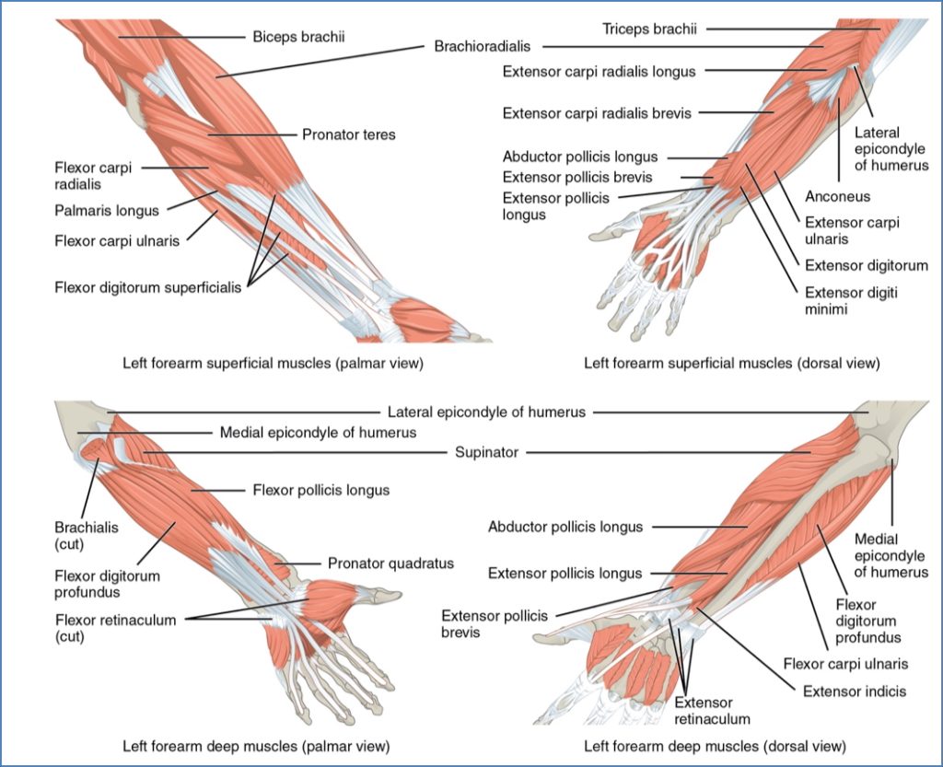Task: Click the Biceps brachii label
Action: pyautogui.click(x=291, y=38)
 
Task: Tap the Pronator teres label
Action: pyautogui.click(x=348, y=134)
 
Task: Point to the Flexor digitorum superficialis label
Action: pyautogui.click(x=146, y=287)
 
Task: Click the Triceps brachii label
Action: pyautogui.click(x=649, y=29)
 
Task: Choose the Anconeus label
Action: pyautogui.click(x=837, y=197)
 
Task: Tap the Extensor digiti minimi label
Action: pyautogui.click(x=850, y=301)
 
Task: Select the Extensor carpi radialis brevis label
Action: pyautogui.click(x=596, y=113)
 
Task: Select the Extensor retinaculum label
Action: pyautogui.click(x=712, y=711)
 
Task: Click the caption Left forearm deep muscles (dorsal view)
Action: pyautogui.click(x=715, y=745)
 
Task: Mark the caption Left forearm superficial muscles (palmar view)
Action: pyautogui.click(x=273, y=363)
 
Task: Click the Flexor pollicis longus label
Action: pyautogui.click(x=320, y=490)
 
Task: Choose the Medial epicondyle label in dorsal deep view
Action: pyautogui.click(x=891, y=555)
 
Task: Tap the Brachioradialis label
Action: pyautogui.click(x=488, y=45)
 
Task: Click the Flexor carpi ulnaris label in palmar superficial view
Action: pyautogui.click(x=115, y=241)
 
